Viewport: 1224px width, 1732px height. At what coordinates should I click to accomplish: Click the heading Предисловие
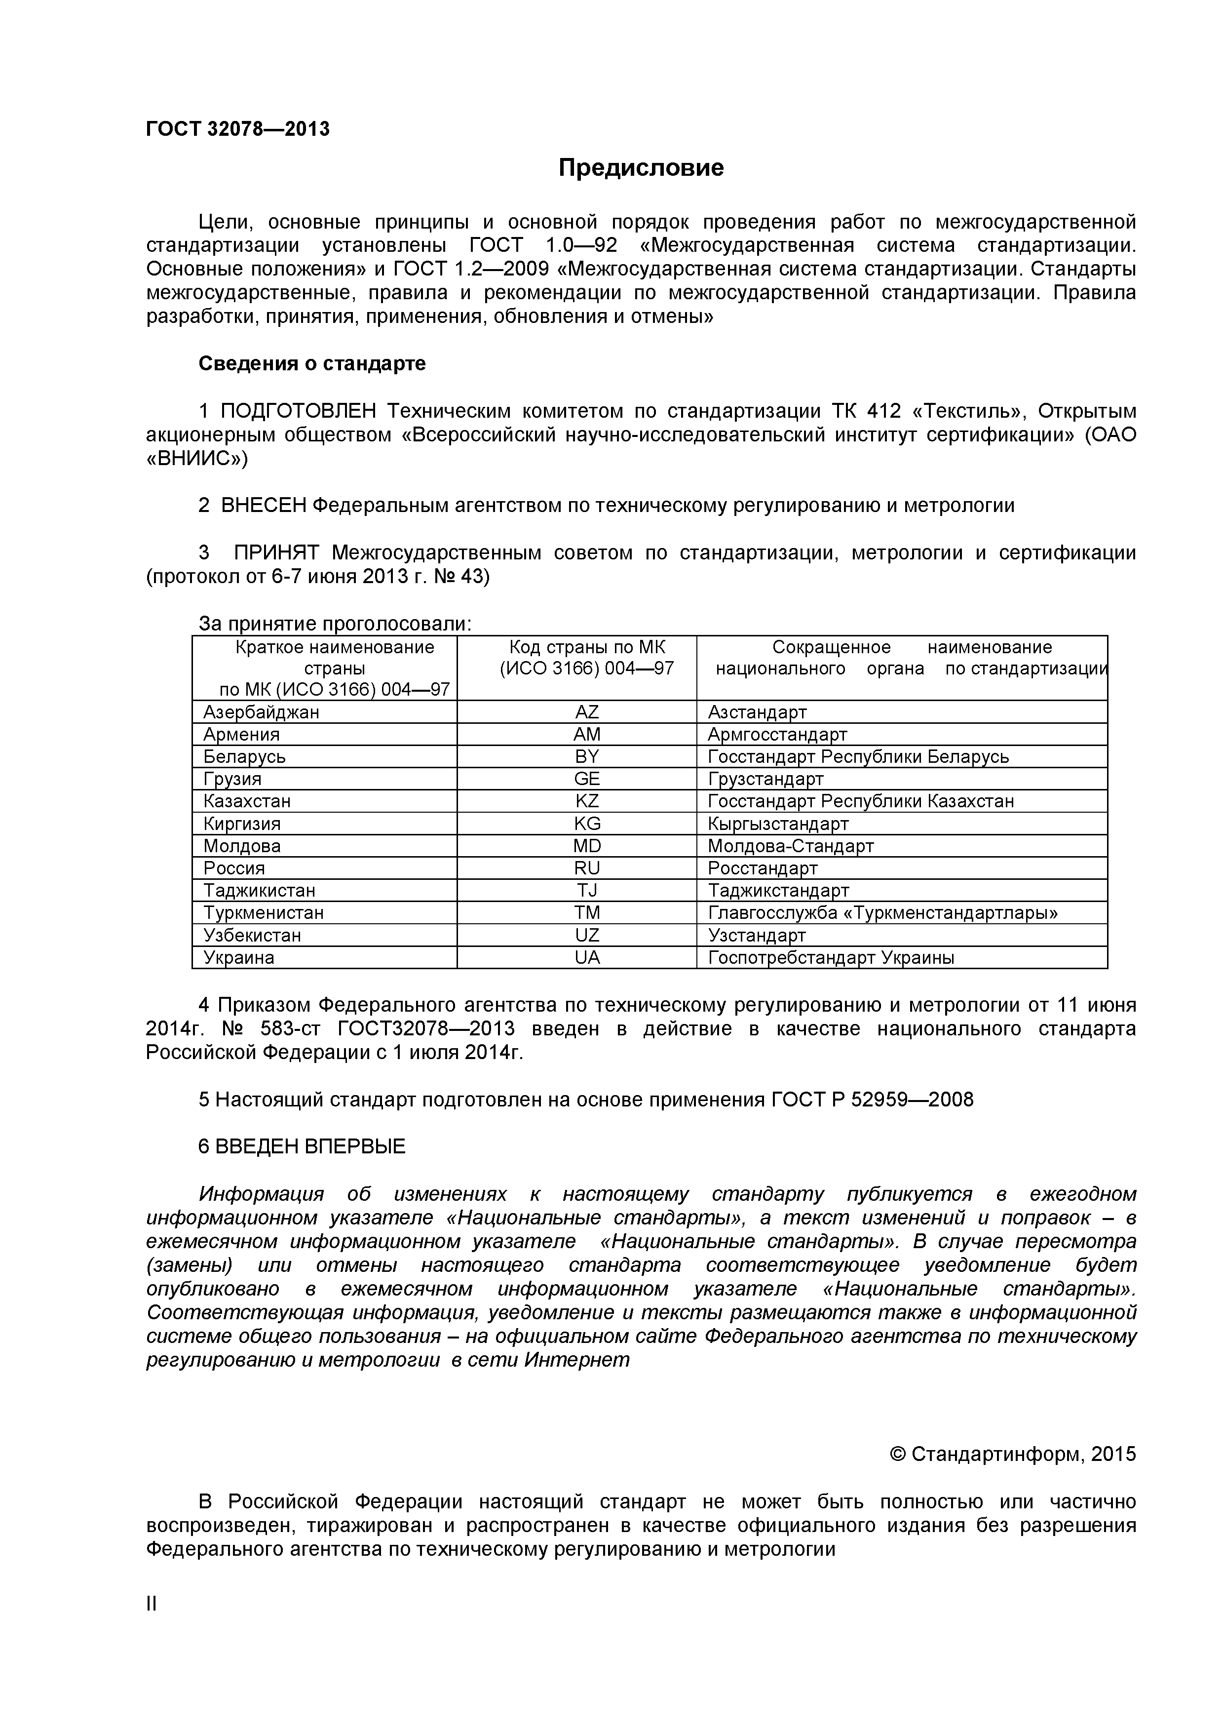(641, 167)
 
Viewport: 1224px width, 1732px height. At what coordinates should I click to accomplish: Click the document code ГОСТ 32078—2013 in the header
(237, 129)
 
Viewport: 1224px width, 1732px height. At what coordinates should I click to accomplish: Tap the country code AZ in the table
(587, 712)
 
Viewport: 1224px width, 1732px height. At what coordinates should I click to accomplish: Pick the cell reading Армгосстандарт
(777, 734)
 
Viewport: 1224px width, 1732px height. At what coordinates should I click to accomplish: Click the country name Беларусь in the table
(244, 756)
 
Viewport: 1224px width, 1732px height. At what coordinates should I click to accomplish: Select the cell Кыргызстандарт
(777, 824)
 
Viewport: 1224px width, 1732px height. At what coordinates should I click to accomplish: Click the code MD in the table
(587, 846)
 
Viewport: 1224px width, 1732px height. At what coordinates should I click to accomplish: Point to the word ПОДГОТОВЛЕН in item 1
(298, 411)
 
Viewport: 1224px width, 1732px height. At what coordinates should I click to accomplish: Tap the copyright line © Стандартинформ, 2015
(1013, 1455)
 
